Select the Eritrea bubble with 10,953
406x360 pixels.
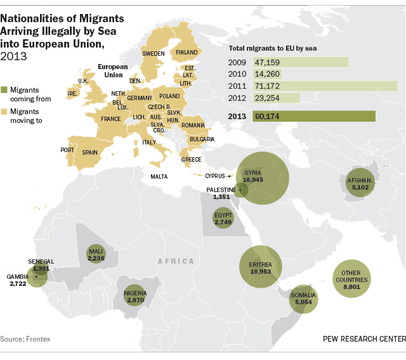pyautogui.click(x=260, y=267)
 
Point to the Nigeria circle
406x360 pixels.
pyautogui.click(x=136, y=296)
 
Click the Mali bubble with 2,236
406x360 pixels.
pyautogui.click(x=96, y=254)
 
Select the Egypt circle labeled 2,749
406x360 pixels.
pyautogui.click(x=223, y=219)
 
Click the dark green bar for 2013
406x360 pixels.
pyautogui.click(x=314, y=117)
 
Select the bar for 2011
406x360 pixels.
pyautogui.click(x=325, y=86)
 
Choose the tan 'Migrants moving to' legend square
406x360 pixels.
pyautogui.click(x=4, y=111)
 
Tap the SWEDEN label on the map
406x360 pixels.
pyautogui.click(x=153, y=54)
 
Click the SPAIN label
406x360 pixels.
pyautogui.click(x=89, y=152)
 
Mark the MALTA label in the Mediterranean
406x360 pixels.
pyautogui.click(x=159, y=177)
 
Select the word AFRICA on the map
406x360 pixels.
pyautogui.click(x=176, y=261)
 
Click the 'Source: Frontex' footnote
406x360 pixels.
pyautogui.click(x=25, y=339)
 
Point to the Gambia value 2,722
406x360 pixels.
pyautogui.click(x=18, y=284)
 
